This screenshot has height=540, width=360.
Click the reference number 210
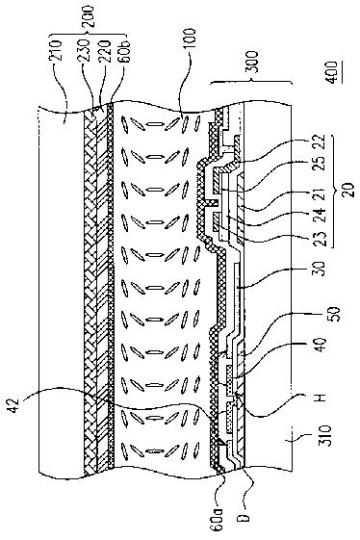(x=56, y=51)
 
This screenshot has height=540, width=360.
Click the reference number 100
(x=191, y=39)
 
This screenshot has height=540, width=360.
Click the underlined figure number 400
(x=331, y=72)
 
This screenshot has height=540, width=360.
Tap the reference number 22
(x=321, y=141)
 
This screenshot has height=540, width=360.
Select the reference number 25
(x=321, y=164)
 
